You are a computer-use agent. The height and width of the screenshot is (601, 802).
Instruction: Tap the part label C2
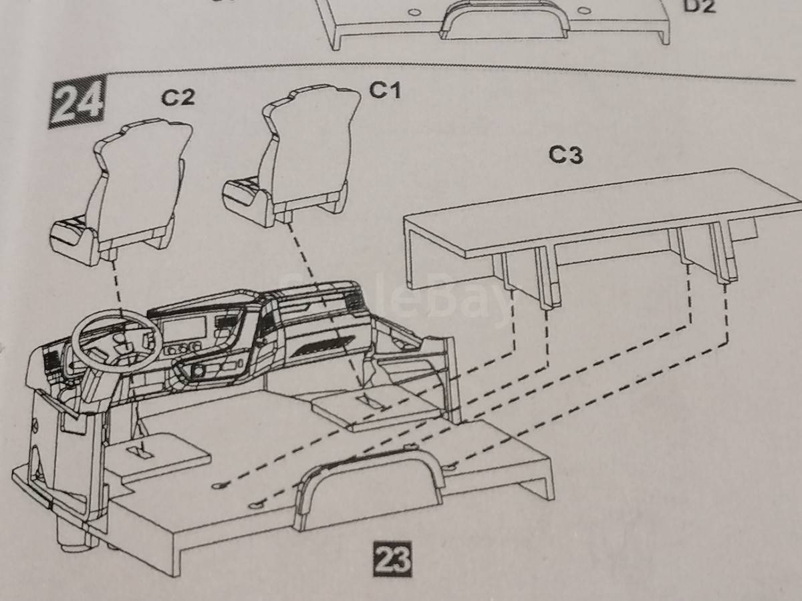(178, 97)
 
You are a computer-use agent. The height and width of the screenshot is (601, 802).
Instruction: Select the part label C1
(385, 90)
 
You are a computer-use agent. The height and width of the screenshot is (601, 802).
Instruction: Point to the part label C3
(566, 156)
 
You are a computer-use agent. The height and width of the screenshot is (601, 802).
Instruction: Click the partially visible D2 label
(699, 6)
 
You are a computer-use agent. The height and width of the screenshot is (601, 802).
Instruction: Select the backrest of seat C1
(311, 146)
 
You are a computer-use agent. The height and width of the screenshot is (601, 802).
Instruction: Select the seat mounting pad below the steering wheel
(158, 453)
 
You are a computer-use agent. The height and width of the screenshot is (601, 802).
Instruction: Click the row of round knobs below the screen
(182, 349)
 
